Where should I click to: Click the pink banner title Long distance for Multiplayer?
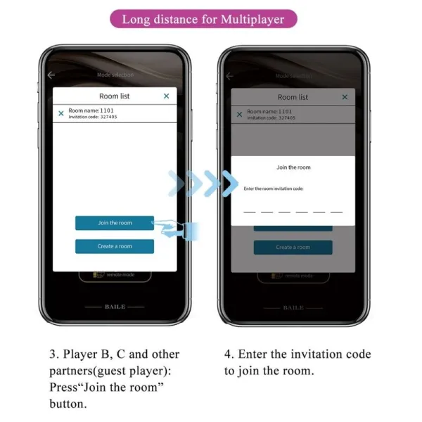pos(203,19)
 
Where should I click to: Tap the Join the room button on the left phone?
pos(115,223)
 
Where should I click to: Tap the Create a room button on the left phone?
pos(115,246)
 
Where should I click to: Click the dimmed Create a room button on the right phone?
pos(293,247)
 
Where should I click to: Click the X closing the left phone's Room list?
pos(167,96)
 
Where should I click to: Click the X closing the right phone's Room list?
pos(345,97)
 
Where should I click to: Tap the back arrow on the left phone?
pos(51,75)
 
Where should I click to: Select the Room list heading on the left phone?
pos(115,96)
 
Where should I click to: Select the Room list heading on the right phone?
pos(293,97)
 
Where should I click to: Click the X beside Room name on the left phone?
pos(61,113)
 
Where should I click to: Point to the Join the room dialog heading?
pos(293,167)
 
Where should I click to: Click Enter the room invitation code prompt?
pos(278,188)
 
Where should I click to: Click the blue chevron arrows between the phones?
pos(204,184)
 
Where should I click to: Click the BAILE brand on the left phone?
pos(115,307)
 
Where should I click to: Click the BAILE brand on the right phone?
pos(293,307)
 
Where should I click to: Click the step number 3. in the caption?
pos(53,354)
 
